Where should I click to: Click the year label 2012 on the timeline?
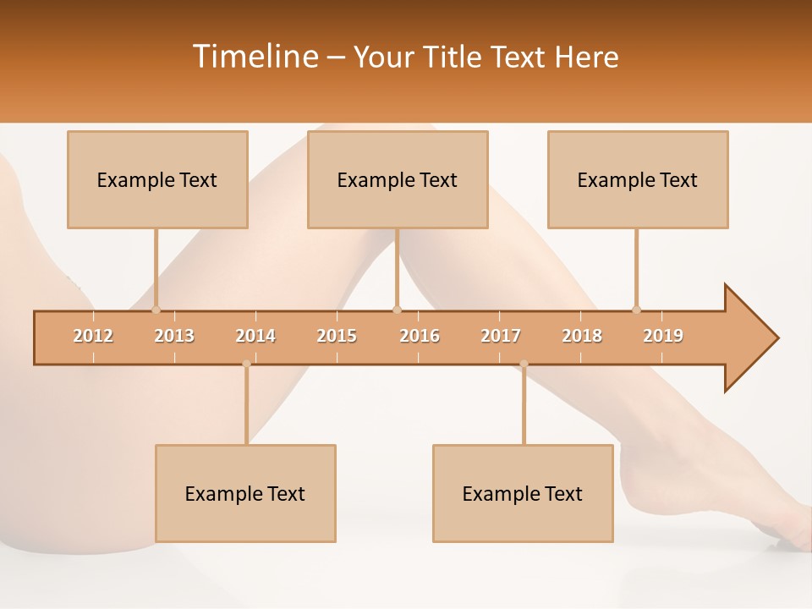(x=93, y=336)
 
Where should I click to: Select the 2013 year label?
(x=174, y=336)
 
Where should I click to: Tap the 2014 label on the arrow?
(x=255, y=336)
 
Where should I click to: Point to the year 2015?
(x=337, y=336)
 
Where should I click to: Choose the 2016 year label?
(x=420, y=336)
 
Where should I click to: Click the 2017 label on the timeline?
(x=501, y=336)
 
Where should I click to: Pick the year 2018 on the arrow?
(x=582, y=336)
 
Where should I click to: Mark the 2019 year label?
(x=663, y=336)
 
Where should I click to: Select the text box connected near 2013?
(x=157, y=179)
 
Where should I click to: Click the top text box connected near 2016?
(x=398, y=179)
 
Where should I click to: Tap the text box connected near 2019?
(x=638, y=179)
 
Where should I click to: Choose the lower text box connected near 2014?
(x=245, y=493)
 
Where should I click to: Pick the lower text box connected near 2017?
(x=523, y=493)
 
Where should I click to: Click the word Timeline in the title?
(x=254, y=57)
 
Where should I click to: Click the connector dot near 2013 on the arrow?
(x=156, y=310)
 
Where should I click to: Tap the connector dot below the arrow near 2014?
(x=246, y=364)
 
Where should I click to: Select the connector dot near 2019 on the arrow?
(x=636, y=310)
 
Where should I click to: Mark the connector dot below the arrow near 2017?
(x=524, y=364)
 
